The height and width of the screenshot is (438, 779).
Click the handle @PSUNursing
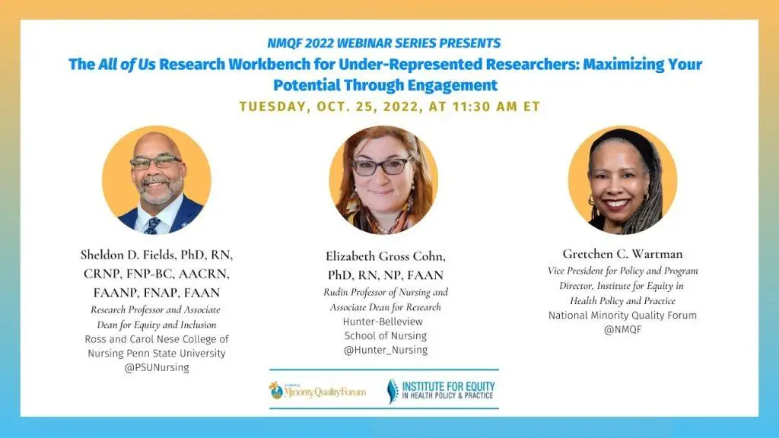tap(157, 367)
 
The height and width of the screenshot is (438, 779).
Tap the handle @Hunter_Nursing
tap(386, 350)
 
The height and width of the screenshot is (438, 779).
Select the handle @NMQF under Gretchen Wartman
tap(622, 329)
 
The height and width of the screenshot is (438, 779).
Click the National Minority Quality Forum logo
tap(317, 391)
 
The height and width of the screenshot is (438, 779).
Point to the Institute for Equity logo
tap(440, 390)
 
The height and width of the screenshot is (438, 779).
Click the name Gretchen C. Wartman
tap(622, 254)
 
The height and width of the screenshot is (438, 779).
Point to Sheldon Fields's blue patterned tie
tap(152, 226)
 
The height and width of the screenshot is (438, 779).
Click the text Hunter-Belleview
tap(383, 322)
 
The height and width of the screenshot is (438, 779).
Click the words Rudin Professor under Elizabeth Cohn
tap(355, 292)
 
